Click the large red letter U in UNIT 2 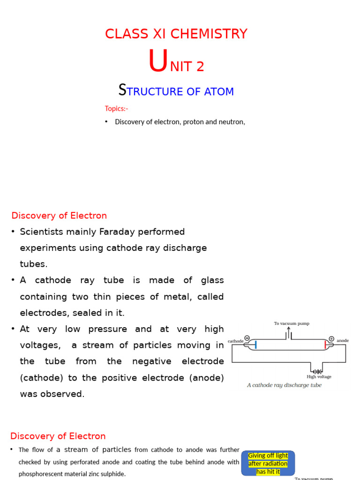157,62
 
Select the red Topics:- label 116,109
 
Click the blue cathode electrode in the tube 256,345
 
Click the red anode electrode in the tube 325,345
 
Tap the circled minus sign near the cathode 247,338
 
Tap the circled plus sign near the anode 331,338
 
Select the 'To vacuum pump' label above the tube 292,323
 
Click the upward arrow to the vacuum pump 289,331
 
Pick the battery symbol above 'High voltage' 318,371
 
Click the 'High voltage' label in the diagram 319,377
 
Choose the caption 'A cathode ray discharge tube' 284,385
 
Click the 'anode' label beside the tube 343,341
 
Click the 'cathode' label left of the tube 235,341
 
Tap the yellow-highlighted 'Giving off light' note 268,463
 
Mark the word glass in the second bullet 212,280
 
